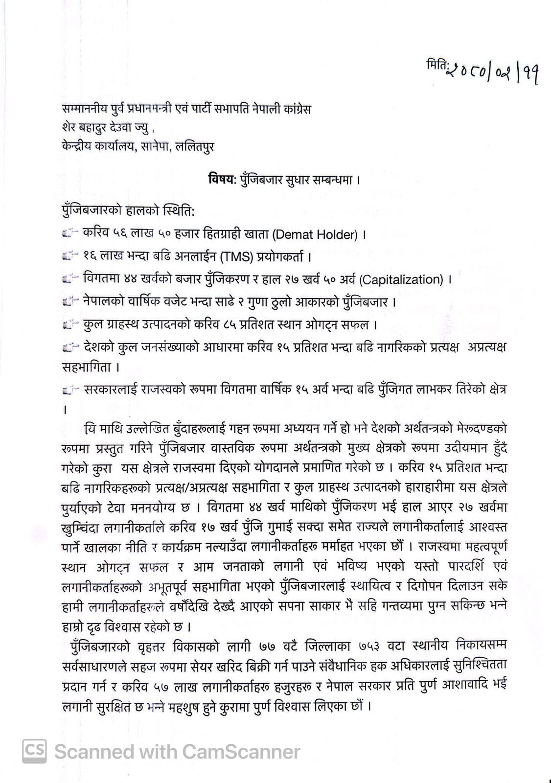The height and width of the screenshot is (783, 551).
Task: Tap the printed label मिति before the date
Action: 435,67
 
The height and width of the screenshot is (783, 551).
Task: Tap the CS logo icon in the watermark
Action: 34,751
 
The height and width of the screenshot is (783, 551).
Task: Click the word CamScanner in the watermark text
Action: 241,752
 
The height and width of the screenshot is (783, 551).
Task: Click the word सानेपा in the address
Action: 157,147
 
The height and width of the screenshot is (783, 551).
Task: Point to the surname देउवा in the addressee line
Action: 117,128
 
